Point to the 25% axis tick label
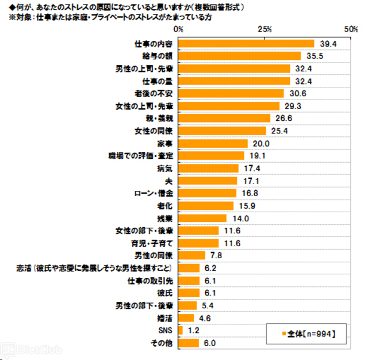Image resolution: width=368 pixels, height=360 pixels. click(x=264, y=29)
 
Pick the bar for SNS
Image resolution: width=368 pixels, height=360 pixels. click(x=181, y=330)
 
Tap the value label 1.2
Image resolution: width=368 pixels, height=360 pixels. click(x=193, y=330)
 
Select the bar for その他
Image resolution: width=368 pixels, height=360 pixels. click(x=189, y=343)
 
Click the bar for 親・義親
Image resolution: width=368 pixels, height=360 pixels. click(x=224, y=118)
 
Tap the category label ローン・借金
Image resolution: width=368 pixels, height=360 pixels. click(x=153, y=193)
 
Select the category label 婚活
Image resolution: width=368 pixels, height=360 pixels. click(x=166, y=318)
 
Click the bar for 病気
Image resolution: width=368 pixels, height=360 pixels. click(x=208, y=168)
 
